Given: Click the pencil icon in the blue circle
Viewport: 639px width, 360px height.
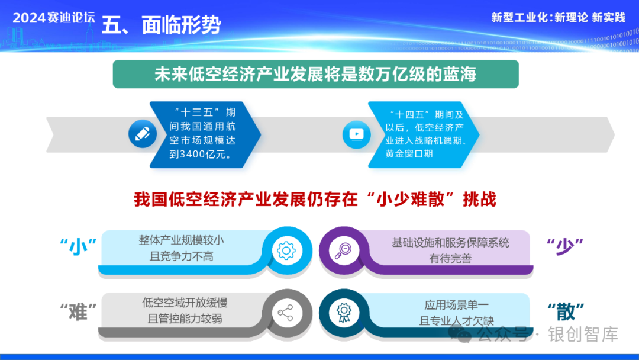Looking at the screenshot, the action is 143,134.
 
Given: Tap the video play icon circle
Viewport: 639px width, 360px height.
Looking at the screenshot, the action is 357,134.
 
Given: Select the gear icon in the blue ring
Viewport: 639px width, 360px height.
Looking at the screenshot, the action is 286,250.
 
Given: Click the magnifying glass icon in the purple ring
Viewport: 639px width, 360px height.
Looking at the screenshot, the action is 344,250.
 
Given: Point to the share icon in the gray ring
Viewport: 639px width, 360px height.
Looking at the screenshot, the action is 285,313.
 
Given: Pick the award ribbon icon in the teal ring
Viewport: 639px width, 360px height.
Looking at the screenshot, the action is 344,312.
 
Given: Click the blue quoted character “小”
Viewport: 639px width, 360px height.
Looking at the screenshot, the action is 78,247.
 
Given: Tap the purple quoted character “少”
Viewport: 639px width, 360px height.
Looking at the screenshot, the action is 565,246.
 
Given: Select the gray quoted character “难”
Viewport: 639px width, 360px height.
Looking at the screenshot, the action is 78,312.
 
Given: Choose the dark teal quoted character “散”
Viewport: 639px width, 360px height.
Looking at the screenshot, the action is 566,311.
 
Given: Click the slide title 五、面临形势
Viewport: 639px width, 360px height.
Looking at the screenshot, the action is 161,25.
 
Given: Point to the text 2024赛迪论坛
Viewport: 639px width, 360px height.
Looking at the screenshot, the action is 54,18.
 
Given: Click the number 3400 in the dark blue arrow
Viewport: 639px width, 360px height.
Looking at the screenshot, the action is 193,154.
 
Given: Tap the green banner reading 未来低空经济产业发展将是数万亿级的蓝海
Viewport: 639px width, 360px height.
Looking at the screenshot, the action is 315,74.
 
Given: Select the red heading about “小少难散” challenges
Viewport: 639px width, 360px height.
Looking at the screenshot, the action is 315,200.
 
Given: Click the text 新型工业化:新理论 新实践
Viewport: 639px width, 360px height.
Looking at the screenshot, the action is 558,18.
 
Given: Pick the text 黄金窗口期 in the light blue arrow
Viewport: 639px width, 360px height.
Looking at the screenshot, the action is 409,154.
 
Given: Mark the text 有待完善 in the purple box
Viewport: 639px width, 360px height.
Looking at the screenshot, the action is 450,259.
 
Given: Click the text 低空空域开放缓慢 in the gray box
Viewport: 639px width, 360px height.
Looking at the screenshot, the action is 185,303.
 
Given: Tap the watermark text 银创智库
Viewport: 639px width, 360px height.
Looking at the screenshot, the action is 583,335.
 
